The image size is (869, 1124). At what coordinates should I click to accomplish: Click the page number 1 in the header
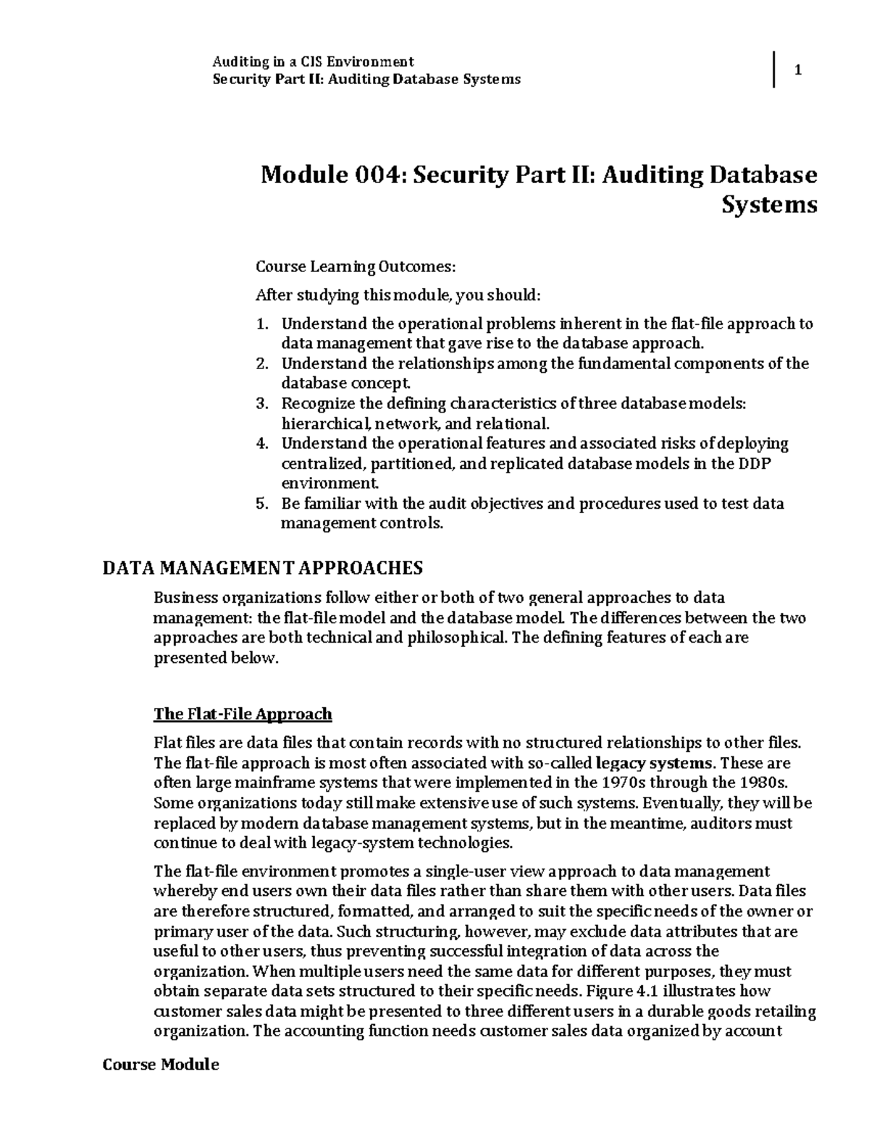point(798,70)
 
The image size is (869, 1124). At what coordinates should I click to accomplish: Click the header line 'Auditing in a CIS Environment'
point(312,62)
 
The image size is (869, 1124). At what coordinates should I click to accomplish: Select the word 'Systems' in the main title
point(769,206)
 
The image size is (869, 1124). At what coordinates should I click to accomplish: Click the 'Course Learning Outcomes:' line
point(356,267)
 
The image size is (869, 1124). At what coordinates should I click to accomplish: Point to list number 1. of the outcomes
point(263,324)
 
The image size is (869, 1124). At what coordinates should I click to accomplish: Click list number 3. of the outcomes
point(263,403)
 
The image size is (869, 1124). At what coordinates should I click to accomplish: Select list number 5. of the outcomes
point(263,503)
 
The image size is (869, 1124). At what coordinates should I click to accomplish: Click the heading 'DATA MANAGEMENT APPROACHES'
point(262,567)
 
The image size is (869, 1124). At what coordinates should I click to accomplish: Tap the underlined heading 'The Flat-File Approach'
point(243,714)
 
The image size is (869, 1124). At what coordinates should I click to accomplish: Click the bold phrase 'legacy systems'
point(654,763)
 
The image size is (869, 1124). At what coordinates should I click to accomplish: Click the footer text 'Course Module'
point(160,1065)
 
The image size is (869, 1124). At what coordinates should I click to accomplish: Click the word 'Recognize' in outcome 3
point(316,403)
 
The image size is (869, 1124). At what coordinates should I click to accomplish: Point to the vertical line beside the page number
point(774,70)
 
